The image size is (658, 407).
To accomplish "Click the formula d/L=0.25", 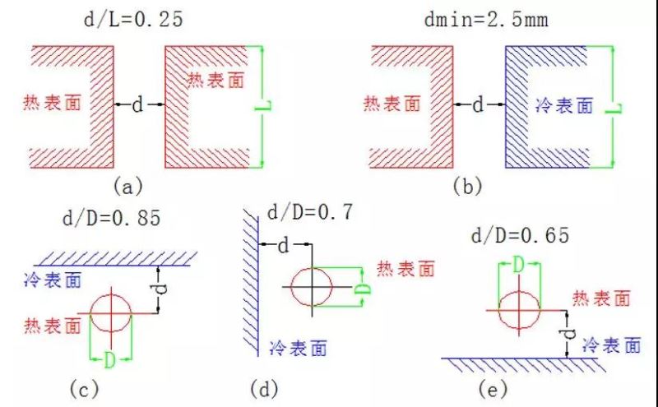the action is (x=133, y=19).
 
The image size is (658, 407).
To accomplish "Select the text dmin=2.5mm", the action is (x=486, y=19).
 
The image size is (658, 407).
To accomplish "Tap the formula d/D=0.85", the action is (x=112, y=218).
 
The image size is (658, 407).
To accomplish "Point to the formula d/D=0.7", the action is (x=310, y=212).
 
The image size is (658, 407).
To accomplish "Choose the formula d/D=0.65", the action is (x=521, y=235).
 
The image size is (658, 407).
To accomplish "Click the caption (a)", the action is (x=128, y=186).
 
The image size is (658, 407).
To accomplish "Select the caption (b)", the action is (x=467, y=186).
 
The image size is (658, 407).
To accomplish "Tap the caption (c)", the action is (x=84, y=389).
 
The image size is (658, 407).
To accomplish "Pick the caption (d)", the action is (x=264, y=389).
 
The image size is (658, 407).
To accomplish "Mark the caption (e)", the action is (x=493, y=389).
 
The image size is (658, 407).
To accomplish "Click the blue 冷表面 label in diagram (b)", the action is (x=564, y=105).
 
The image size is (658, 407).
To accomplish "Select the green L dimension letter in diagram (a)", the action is (x=263, y=108).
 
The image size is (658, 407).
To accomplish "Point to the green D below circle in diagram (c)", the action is (x=109, y=360).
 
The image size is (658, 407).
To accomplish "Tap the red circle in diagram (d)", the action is (x=312, y=267).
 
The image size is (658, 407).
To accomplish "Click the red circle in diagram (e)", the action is (x=520, y=290).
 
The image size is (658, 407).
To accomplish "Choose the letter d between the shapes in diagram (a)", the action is (x=137, y=104).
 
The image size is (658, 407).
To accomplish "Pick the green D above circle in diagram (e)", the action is (x=519, y=266).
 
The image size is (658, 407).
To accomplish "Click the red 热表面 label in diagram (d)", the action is (x=405, y=269).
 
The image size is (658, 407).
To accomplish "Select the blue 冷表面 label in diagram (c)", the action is (x=53, y=280).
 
